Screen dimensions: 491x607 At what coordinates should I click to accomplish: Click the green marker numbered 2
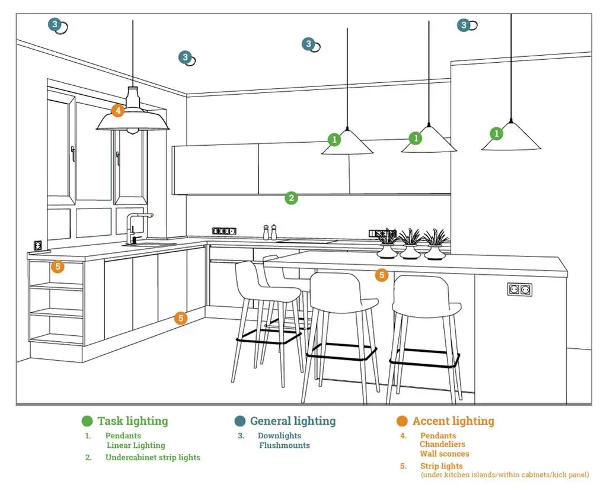click(x=290, y=198)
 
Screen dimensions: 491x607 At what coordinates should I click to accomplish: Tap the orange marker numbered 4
click(x=118, y=110)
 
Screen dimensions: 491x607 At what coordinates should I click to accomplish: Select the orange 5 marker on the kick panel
click(x=181, y=318)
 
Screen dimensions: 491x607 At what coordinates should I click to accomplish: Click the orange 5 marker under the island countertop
click(x=382, y=275)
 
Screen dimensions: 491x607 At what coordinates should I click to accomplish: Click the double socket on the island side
click(x=519, y=290)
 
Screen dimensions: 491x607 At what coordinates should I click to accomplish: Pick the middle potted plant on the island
click(x=410, y=245)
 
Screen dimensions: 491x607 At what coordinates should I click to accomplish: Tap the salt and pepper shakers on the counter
click(x=270, y=232)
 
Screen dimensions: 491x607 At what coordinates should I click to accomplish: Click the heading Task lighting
click(x=133, y=421)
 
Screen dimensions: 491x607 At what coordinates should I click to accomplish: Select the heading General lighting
click(x=293, y=421)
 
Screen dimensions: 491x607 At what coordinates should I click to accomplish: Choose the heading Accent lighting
click(x=453, y=421)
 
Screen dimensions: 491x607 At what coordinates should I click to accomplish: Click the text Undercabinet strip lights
click(x=153, y=457)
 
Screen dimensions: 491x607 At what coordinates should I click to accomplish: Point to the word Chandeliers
click(x=442, y=444)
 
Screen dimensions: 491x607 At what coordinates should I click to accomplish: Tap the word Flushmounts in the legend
click(x=285, y=445)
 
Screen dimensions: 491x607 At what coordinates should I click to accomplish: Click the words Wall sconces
click(x=445, y=454)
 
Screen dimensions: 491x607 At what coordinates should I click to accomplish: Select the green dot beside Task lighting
click(x=88, y=421)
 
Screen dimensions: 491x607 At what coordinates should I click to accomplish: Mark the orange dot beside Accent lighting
click(x=402, y=421)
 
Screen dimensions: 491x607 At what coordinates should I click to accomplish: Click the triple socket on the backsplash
click(x=224, y=230)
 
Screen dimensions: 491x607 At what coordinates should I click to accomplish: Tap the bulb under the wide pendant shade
click(x=133, y=131)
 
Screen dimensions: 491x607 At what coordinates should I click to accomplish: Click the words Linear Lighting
click(x=136, y=445)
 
